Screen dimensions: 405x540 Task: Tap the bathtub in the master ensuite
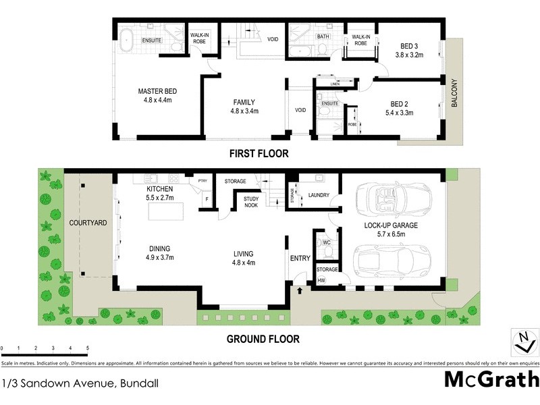127,40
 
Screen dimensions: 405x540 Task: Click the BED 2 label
400,103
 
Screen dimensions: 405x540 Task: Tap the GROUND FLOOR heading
263,340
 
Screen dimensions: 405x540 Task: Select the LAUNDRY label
318,196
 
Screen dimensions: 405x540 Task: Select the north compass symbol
520,342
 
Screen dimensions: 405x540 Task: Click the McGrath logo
491,379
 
